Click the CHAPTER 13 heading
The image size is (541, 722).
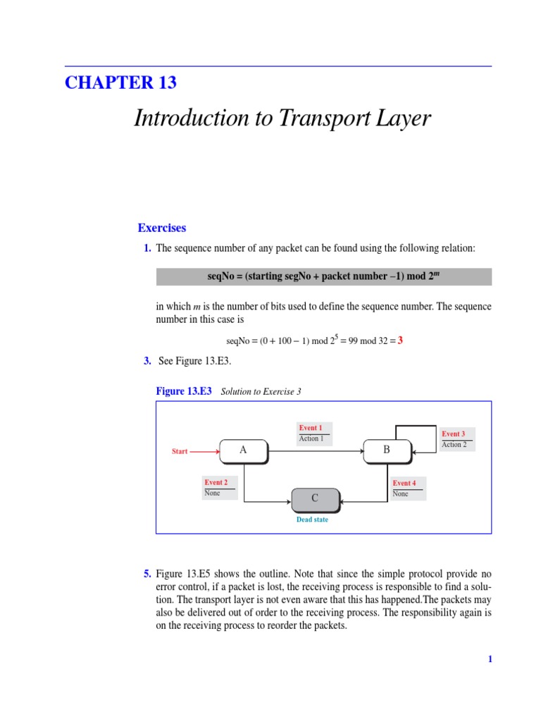[120, 82]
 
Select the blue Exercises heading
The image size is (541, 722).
[162, 228]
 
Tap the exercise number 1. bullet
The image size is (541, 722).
[147, 248]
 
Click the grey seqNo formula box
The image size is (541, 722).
[323, 276]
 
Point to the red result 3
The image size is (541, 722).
[400, 341]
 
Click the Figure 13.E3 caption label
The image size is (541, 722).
[183, 391]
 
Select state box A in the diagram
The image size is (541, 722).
[244, 451]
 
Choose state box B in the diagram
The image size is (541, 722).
[387, 451]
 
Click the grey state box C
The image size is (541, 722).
[316, 498]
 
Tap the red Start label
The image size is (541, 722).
[180, 451]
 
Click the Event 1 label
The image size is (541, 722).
[310, 428]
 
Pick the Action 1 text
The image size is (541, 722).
[311, 439]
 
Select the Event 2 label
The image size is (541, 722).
[216, 483]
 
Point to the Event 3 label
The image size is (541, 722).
[453, 434]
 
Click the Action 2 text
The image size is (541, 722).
[454, 445]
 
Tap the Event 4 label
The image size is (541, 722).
[404, 483]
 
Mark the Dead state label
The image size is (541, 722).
[312, 520]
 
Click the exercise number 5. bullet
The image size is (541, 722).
[147, 575]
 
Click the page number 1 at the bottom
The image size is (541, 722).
[490, 659]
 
